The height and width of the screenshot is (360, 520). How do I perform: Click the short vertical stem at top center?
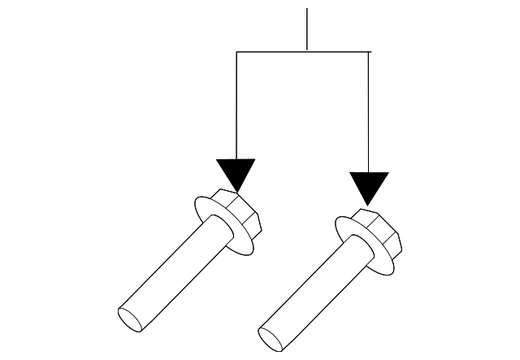pos(307,28)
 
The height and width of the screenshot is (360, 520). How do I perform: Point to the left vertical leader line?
pos(236,106)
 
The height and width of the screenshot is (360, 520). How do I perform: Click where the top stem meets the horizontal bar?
pos(307,52)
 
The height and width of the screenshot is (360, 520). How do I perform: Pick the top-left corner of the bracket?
pos(236,52)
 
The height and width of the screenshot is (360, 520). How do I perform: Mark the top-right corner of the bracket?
pos(370,52)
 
